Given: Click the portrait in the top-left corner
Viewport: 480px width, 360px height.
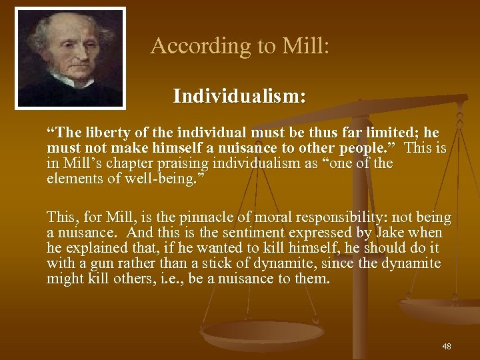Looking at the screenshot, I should pyautogui.click(x=71, y=57).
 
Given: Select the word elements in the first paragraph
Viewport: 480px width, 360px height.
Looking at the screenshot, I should pyautogui.click(x=73, y=178).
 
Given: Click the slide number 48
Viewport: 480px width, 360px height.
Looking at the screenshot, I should pyautogui.click(x=446, y=347).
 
